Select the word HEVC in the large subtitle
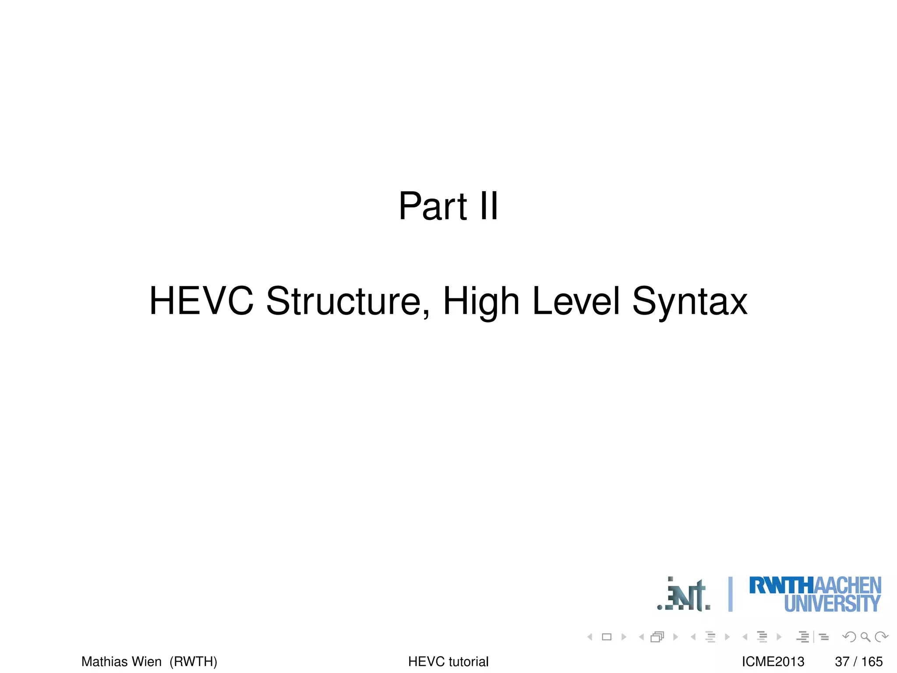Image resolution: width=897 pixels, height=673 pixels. tap(201, 301)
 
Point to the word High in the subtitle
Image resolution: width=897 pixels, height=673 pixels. tap(481, 301)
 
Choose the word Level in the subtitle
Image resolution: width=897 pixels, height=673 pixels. tap(576, 301)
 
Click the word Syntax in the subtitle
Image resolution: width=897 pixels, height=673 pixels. tap(690, 301)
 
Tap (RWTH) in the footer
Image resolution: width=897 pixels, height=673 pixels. tap(193, 661)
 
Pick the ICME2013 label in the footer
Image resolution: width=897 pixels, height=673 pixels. tap(773, 661)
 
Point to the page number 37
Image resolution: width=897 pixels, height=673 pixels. tap(842, 661)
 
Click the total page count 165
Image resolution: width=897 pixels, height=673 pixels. tap(872, 661)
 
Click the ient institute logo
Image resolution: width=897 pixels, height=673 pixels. tap(684, 595)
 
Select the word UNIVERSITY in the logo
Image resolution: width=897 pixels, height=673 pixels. tap(832, 604)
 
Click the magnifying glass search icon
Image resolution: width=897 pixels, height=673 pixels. tap(865, 637)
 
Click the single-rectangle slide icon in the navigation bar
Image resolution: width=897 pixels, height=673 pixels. tap(607, 637)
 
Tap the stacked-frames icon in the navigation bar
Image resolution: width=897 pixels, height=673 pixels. tap(657, 637)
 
